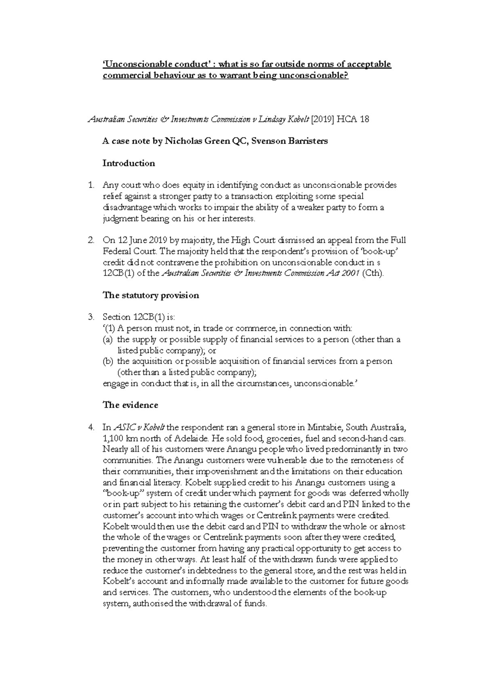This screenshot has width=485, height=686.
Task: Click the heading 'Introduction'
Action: tap(129, 163)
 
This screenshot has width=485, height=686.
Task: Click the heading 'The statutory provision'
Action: tap(151, 295)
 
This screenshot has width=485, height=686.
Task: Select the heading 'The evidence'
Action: tap(130, 405)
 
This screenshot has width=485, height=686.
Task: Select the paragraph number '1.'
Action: tap(91, 185)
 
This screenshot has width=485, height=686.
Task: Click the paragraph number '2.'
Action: tap(91, 240)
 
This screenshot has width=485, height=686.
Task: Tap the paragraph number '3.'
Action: tap(91, 317)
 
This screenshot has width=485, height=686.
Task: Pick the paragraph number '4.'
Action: tap(91, 427)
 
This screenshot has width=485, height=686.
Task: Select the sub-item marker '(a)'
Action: tap(108, 339)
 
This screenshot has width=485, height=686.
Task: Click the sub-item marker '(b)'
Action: tap(108, 361)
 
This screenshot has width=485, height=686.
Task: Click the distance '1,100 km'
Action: tap(119, 438)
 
